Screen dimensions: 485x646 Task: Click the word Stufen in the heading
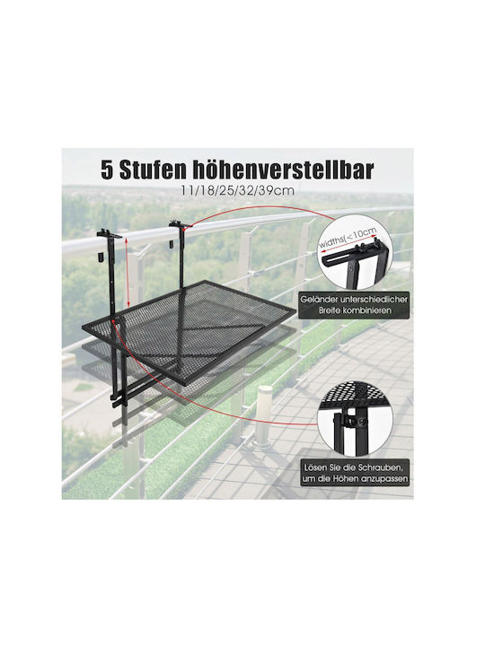coord(151,170)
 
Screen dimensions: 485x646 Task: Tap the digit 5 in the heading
coord(107,170)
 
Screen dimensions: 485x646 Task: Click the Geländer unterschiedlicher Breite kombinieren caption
coord(354,305)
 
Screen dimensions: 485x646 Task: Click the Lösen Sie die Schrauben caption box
coord(355,473)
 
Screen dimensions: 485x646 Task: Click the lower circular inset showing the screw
coord(355,419)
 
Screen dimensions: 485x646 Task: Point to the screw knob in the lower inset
coord(361,422)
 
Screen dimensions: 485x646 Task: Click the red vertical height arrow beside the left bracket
coord(127,272)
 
